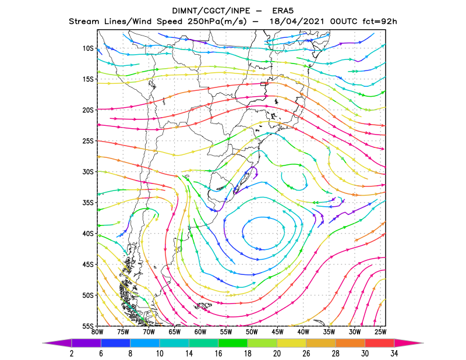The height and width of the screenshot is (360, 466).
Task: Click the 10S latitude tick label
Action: point(88,48)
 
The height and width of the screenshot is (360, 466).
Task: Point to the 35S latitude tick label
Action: point(88,203)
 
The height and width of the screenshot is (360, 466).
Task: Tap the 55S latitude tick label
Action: point(88,326)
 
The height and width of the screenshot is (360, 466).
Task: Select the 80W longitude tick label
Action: point(97,332)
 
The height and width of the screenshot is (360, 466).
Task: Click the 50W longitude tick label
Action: point(252,332)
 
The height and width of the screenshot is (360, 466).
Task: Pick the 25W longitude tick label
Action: point(380,332)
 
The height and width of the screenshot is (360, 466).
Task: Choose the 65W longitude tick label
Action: point(174,332)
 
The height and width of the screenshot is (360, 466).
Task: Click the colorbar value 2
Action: point(72,354)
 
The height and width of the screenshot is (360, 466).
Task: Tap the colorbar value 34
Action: point(394,354)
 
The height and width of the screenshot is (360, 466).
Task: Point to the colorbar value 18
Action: point(248,354)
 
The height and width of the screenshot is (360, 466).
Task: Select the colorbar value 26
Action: point(306,354)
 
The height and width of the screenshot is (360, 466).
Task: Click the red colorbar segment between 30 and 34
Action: point(380,343)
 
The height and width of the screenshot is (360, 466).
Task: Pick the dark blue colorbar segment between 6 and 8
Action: point(115,343)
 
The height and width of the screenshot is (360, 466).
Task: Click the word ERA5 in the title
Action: point(283,11)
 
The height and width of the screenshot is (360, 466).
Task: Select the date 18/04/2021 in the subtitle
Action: point(298,22)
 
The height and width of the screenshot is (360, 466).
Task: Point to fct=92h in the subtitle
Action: point(380,22)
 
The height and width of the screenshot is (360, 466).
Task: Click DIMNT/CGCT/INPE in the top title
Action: point(211,11)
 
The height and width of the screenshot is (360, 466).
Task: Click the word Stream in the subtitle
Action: point(84,22)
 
